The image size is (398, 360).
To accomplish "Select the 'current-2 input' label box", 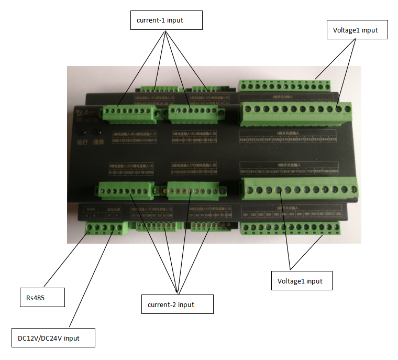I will (x=178, y=304).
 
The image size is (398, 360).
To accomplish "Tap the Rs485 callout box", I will (x=42, y=297).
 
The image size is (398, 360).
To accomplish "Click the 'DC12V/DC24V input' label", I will (x=53, y=338).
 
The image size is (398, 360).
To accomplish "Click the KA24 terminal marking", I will (x=244, y=140).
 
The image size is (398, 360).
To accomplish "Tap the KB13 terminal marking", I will (x=244, y=171).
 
